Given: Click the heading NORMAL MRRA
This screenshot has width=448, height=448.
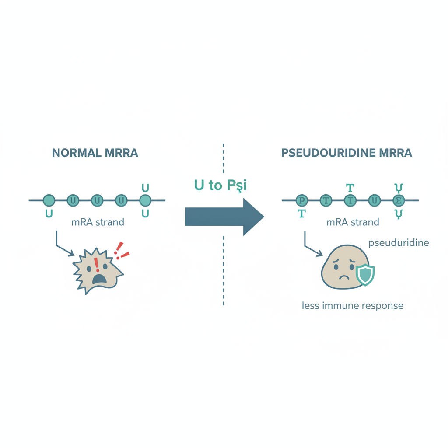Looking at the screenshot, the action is coord(95,153).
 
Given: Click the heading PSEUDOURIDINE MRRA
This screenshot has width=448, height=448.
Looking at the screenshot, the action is coord(346,153).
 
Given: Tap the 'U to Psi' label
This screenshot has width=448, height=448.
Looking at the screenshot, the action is coord(220,185).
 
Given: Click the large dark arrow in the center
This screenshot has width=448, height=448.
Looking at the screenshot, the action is coord(224,217).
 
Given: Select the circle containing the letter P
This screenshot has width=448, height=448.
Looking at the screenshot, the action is coord(301,200).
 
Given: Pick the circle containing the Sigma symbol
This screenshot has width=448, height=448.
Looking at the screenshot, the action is coord(399,200).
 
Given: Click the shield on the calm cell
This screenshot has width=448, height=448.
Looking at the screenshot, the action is coord(365,275).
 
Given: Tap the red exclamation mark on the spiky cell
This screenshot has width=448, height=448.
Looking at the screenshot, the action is coord(97,265).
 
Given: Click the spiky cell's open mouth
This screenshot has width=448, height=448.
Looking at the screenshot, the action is coord(99,279).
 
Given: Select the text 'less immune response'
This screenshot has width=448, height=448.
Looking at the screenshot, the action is coord(353,306).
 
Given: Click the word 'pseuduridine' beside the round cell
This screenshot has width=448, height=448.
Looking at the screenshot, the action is coord(399,243).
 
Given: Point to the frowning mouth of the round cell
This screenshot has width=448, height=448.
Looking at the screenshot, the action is coord(344,277).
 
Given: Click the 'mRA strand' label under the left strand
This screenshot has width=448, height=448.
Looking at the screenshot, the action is coord(98,222).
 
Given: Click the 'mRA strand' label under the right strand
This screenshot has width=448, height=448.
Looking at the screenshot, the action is coord(353,222).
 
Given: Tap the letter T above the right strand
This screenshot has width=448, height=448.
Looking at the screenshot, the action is coord(350,188).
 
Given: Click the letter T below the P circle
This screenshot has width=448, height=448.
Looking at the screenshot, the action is coord(302,213).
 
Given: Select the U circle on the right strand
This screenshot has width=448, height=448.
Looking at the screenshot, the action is coord(374,200).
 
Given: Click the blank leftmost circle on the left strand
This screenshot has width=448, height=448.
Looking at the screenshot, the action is coord(49,200).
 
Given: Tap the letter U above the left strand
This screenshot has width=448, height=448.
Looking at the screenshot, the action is coord(145,188).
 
